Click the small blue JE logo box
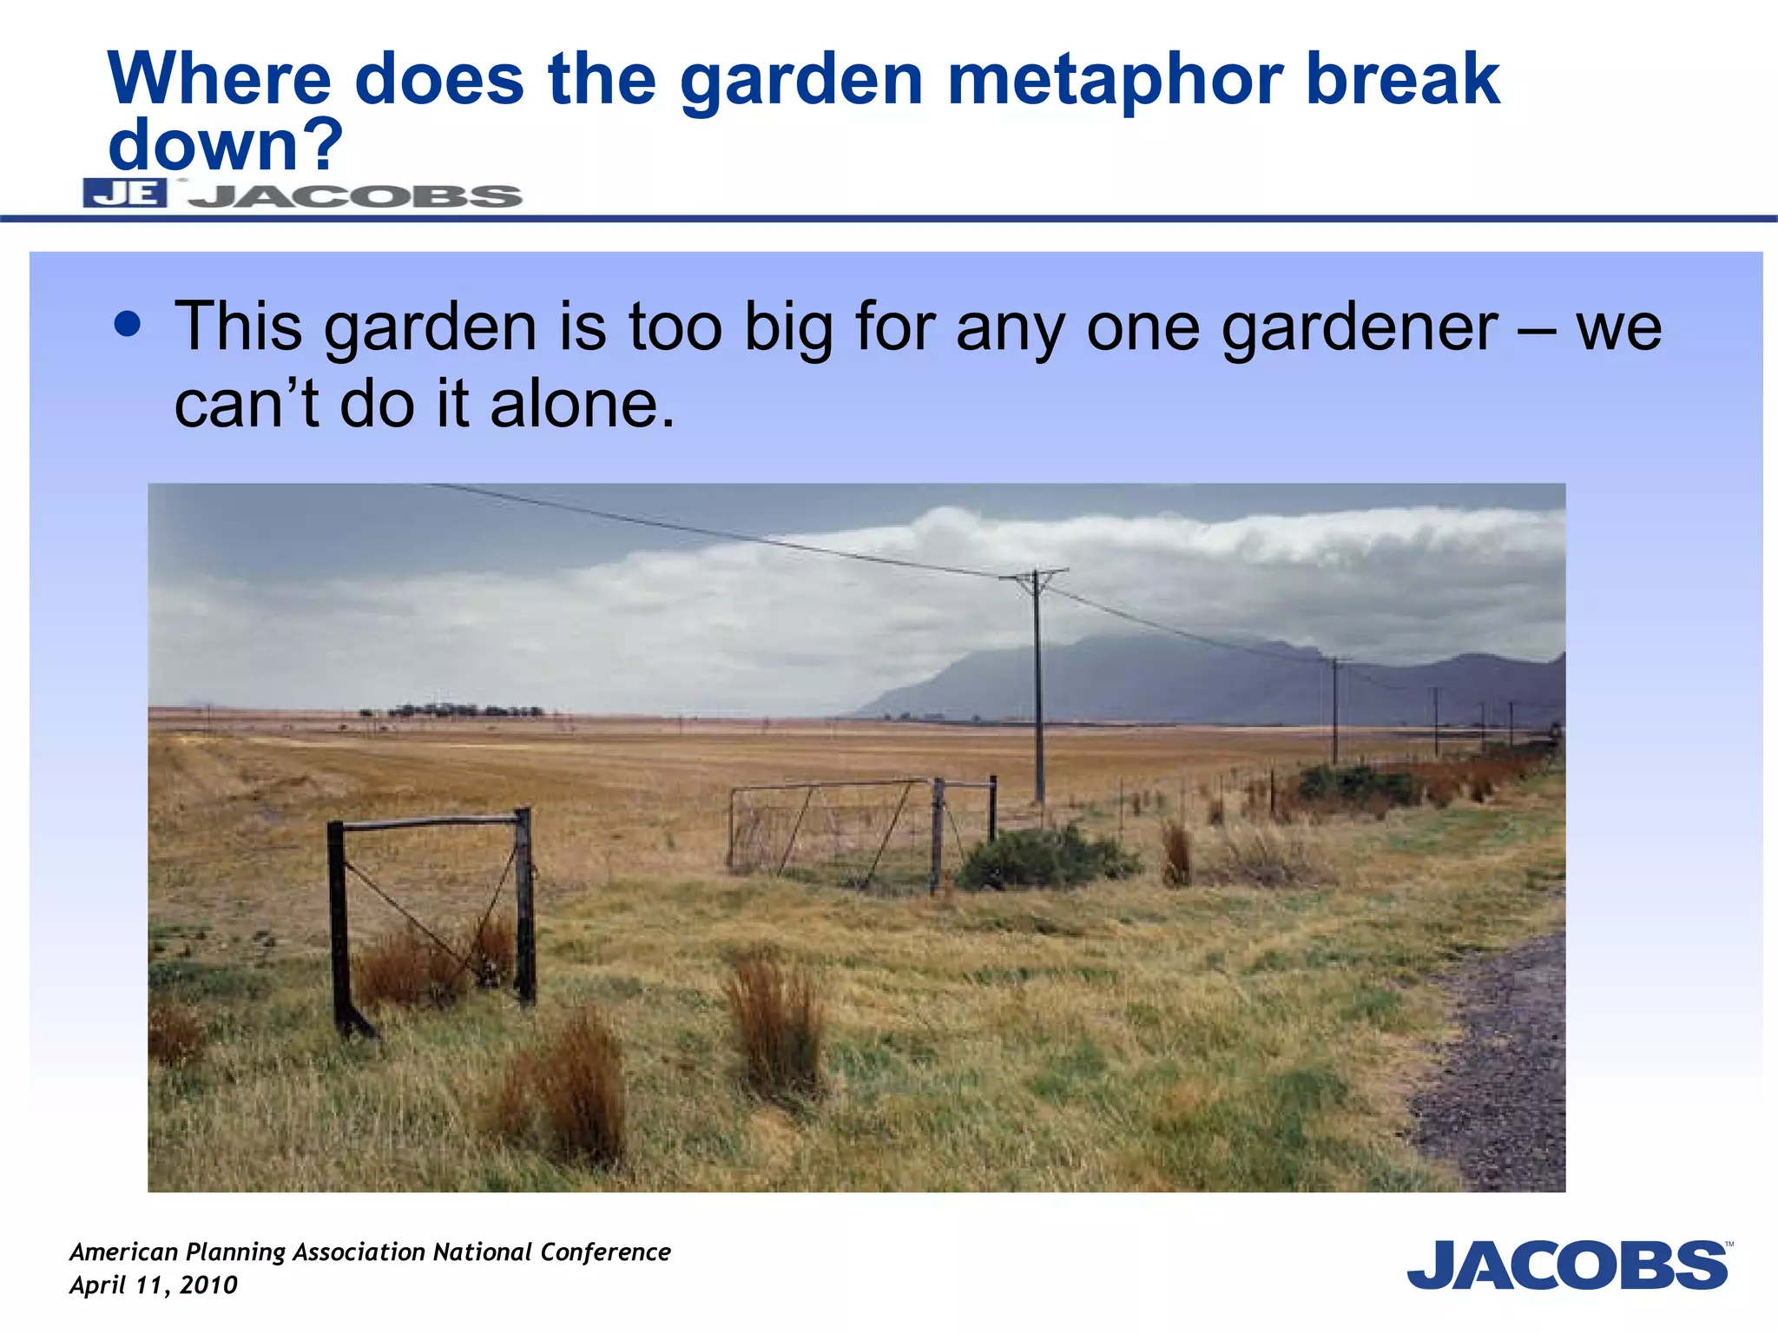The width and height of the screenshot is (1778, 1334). pos(125,193)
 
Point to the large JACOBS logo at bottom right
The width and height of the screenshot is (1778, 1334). pos(1568,1265)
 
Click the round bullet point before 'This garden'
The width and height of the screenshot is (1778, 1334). pos(128,325)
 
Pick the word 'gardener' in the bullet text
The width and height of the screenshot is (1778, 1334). pos(1360,328)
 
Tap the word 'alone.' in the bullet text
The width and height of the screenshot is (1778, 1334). pos(583,405)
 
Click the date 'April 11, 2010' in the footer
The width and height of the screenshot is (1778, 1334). pos(154,1285)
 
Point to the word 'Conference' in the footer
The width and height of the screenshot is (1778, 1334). pos(605,1251)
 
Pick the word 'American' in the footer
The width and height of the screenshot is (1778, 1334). pos(123,1251)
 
